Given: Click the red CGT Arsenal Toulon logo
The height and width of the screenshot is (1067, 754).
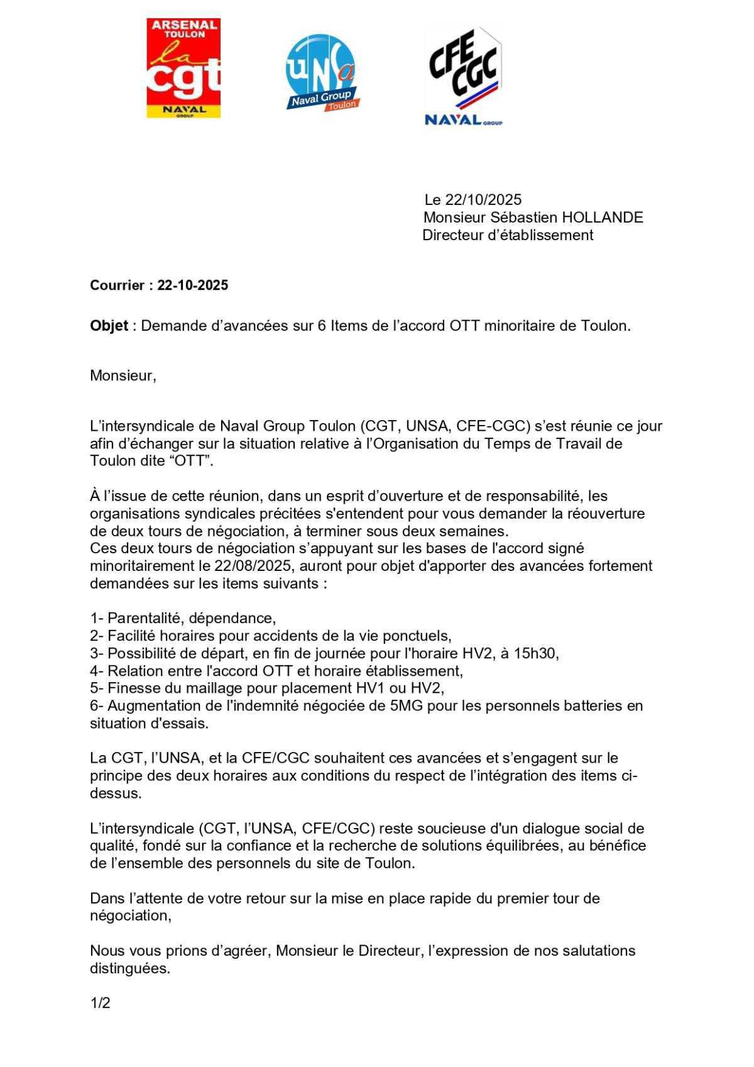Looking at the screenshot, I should (x=183, y=68).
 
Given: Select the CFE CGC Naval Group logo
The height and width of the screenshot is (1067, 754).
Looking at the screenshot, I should (x=464, y=75).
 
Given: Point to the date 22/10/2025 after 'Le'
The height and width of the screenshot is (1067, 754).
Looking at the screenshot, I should (x=483, y=200).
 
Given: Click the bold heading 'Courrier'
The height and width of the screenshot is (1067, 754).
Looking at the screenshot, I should (x=117, y=285).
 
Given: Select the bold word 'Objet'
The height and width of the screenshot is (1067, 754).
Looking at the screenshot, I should (x=109, y=326).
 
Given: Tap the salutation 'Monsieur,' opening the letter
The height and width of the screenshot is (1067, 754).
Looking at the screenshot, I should (x=123, y=376).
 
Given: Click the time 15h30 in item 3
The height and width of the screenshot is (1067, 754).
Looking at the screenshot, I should (x=536, y=653).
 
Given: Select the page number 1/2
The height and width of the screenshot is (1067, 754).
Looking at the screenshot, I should (x=101, y=1003).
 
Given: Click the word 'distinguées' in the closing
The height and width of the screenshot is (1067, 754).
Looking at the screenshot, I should (x=129, y=968).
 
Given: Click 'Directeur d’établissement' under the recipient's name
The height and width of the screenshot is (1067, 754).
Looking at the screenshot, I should (x=508, y=235).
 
